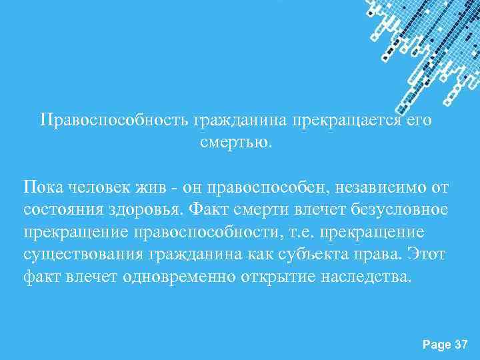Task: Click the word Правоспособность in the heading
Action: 114,121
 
